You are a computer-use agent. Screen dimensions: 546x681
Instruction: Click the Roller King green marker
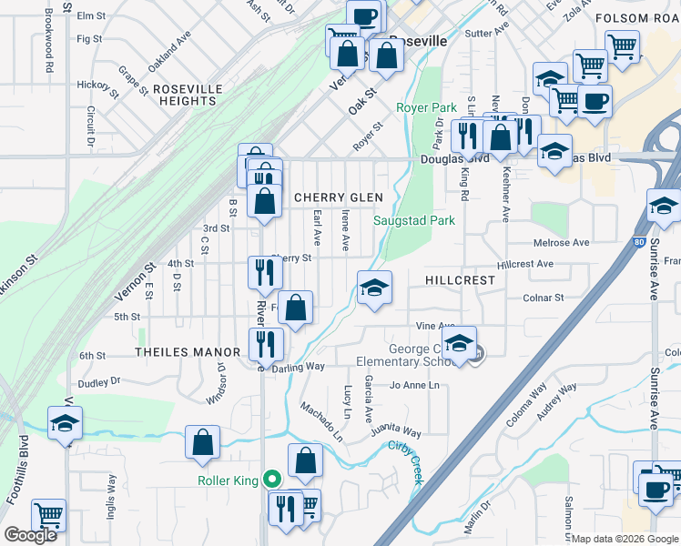click(270, 480)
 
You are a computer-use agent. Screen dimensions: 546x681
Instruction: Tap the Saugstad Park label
click(414, 220)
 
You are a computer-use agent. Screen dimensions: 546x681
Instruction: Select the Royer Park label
click(426, 107)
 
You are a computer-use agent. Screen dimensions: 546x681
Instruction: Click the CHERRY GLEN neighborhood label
click(338, 197)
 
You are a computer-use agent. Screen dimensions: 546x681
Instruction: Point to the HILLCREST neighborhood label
click(459, 280)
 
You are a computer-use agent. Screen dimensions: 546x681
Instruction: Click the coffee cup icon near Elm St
click(363, 16)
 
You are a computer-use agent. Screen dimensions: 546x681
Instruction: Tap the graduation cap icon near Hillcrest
click(375, 289)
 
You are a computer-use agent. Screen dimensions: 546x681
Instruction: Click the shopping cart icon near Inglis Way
click(48, 515)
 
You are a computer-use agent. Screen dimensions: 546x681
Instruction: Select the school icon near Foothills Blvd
click(65, 424)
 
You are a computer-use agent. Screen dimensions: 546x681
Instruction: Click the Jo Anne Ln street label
click(415, 386)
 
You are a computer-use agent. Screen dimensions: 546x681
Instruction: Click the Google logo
click(30, 535)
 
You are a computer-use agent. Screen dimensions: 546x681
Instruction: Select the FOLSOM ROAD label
click(637, 18)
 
